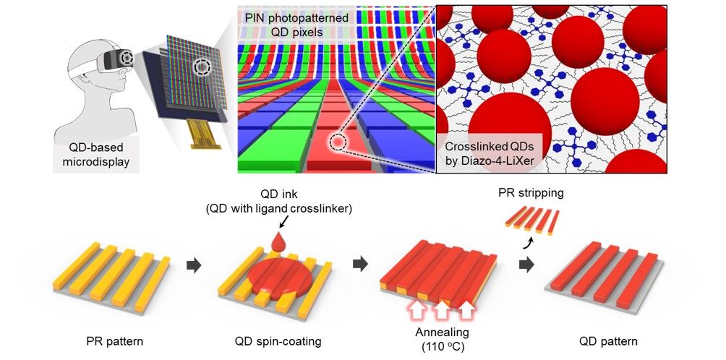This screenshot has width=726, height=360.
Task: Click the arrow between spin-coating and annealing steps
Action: pyautogui.click(x=359, y=265)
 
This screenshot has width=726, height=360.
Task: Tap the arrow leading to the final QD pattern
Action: pyautogui.click(x=527, y=265)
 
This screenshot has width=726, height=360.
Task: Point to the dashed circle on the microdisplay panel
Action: pyautogui.click(x=203, y=69)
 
